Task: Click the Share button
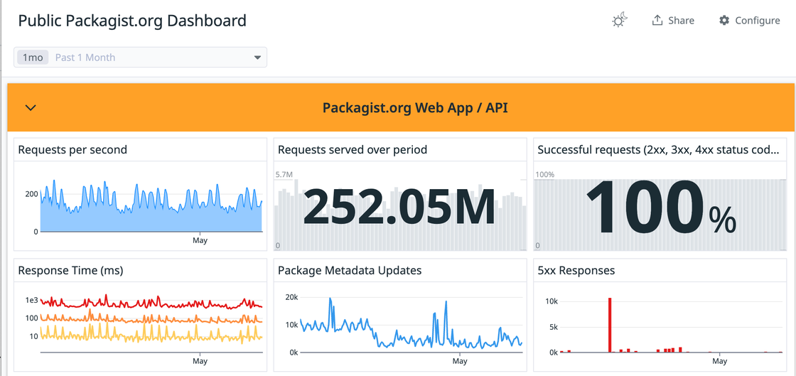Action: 672,21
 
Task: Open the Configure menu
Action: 749,21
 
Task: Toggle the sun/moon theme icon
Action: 620,21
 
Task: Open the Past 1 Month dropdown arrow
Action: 257,58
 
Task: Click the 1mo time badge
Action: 33,58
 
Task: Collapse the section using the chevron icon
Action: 31,108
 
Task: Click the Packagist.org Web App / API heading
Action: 415,108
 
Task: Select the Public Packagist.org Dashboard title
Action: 132,21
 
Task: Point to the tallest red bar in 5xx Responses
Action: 610,325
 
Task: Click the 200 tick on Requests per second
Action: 31,194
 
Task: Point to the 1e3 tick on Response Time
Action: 31,301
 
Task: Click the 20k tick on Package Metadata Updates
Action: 291,297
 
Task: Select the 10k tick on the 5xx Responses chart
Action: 551,301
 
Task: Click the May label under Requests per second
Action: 200,240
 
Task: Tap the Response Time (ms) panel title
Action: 70,270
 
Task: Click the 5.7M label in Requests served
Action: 284,175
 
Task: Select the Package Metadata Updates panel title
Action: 349,270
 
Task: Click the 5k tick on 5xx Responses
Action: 553,327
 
